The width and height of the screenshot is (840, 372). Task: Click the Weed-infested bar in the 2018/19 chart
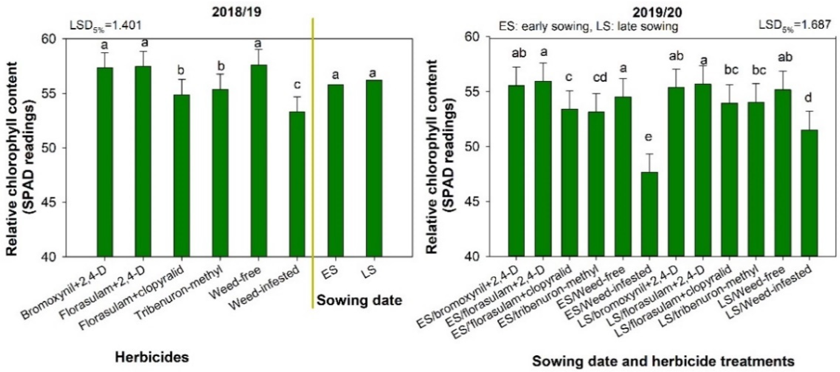click(x=297, y=184)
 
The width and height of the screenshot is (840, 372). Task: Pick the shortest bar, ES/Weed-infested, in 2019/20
click(x=648, y=214)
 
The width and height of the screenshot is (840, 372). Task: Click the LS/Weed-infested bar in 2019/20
click(x=809, y=193)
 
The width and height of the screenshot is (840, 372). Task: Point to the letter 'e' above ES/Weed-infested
click(x=649, y=136)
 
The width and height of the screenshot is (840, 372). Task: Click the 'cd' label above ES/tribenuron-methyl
click(x=597, y=77)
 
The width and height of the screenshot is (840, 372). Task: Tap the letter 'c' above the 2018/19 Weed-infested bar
click(x=297, y=85)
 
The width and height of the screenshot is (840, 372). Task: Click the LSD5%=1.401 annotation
click(x=106, y=25)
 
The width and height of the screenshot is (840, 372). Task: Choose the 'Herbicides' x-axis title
click(x=152, y=357)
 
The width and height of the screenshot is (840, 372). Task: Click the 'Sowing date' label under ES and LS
click(x=359, y=300)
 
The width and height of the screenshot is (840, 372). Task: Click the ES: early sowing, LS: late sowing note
click(x=589, y=26)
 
